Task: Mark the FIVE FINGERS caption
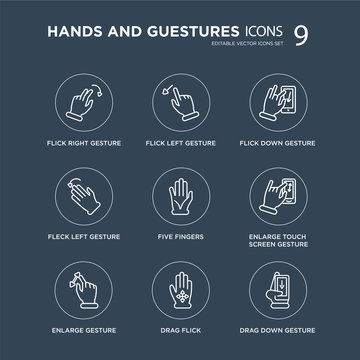(x=180, y=236)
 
